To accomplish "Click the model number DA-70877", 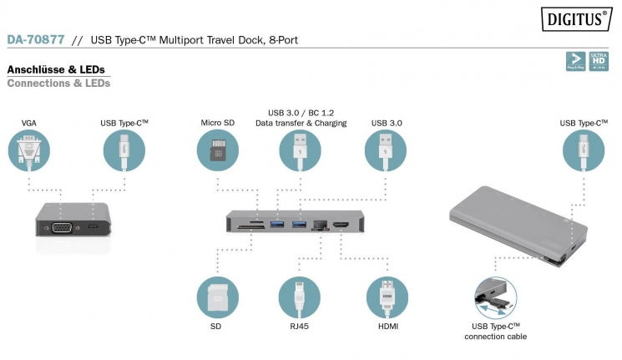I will click(x=34, y=39).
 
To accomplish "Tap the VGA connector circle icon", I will click(x=29, y=151).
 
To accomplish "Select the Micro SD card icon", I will click(x=218, y=151).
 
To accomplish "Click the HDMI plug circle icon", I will click(x=387, y=297).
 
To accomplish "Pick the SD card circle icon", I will click(x=218, y=297).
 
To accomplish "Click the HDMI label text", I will click(x=387, y=327).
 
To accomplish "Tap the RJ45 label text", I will click(x=299, y=327).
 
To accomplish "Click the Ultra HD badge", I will click(x=598, y=60).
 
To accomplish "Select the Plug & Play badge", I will click(x=574, y=60).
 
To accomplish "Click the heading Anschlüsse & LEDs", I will click(x=55, y=69).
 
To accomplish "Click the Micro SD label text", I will click(x=218, y=123).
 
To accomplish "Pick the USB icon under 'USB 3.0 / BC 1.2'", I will click(x=299, y=151).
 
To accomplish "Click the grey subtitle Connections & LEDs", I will click(x=58, y=84).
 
